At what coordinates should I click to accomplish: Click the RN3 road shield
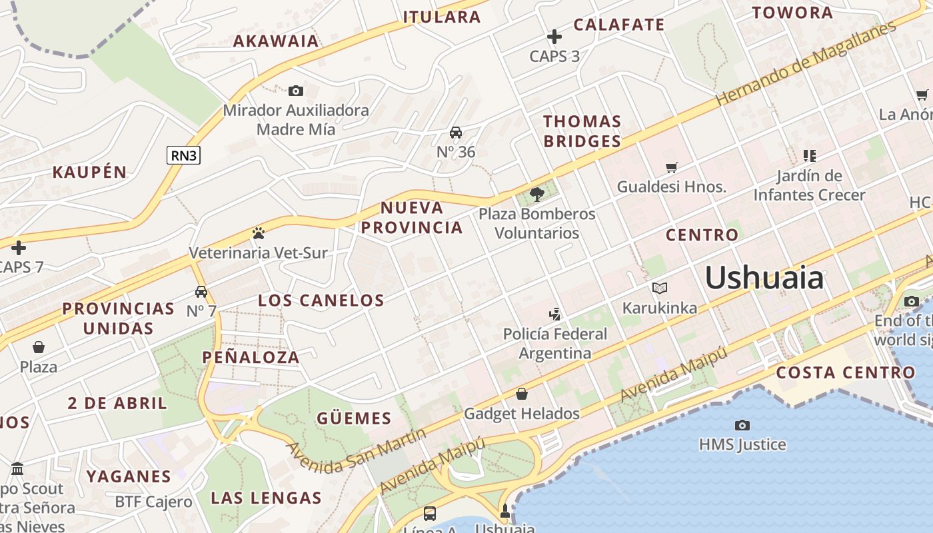tap(183, 155)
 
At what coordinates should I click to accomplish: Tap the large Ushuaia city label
tap(764, 277)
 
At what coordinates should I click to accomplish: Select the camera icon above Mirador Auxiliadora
tap(296, 91)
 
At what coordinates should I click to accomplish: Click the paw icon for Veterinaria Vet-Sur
tap(259, 233)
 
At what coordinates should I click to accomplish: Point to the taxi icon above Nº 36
tap(456, 133)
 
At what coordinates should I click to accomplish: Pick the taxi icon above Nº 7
tap(201, 292)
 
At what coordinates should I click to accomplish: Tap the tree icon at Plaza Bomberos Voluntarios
tap(536, 195)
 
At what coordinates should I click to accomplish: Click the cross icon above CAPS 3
tap(554, 37)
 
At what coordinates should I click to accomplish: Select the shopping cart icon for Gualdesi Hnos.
tap(671, 167)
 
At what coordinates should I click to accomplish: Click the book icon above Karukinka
tap(660, 288)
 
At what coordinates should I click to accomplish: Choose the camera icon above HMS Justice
tap(742, 425)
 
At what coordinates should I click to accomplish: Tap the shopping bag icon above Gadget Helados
tap(522, 394)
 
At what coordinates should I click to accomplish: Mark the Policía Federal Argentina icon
tap(554, 314)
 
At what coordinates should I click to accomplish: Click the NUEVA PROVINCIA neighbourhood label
tap(412, 217)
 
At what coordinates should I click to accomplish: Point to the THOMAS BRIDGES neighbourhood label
tap(582, 131)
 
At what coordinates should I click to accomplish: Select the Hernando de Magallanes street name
tap(806, 63)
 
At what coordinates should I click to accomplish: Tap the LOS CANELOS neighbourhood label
tap(321, 300)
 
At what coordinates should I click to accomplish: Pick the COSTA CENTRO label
tap(846, 372)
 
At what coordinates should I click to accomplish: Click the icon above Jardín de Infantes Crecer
tap(810, 156)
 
